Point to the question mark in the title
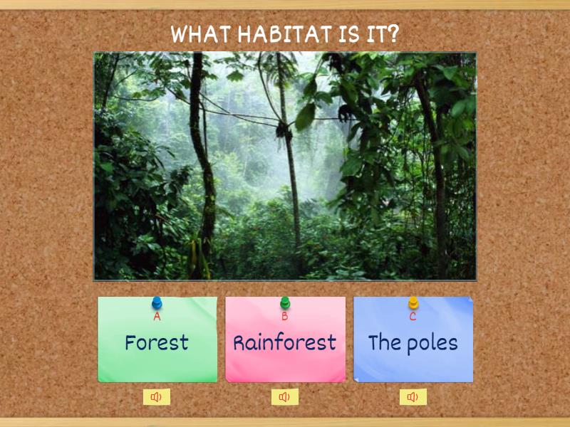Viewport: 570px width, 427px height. [393, 34]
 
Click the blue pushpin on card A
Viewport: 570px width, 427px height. [157, 303]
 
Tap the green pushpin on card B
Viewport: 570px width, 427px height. [285, 303]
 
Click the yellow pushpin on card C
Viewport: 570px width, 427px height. [413, 303]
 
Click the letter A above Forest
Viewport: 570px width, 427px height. [157, 317]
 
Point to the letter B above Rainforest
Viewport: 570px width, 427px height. [285, 317]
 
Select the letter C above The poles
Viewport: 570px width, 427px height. [413, 317]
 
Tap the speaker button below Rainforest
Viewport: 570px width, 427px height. [285, 397]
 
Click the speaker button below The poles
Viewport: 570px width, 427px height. [413, 397]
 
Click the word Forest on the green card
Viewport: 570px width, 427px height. [157, 342]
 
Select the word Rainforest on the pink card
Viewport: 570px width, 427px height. [285, 342]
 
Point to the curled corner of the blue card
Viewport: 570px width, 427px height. [469, 301]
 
